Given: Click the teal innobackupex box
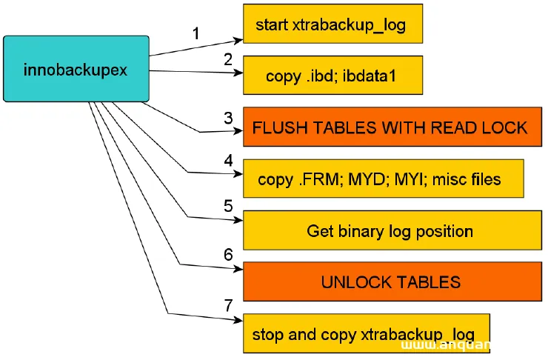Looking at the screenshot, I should pyautogui.click(x=76, y=68).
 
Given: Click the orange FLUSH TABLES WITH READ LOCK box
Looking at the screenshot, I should pyautogui.click(x=390, y=127).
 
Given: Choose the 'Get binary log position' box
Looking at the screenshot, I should pyautogui.click(x=390, y=230).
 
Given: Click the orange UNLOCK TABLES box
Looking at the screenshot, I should pyautogui.click(x=390, y=281).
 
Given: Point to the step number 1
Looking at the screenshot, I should pyautogui.click(x=196, y=33).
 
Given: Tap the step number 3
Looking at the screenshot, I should pyautogui.click(x=228, y=117).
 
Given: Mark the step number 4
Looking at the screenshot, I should pyautogui.click(x=228, y=160).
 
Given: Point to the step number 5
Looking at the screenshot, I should pyautogui.click(x=228, y=204).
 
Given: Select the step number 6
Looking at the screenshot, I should pyautogui.click(x=228, y=253).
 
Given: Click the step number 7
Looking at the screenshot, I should pyautogui.click(x=228, y=305).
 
